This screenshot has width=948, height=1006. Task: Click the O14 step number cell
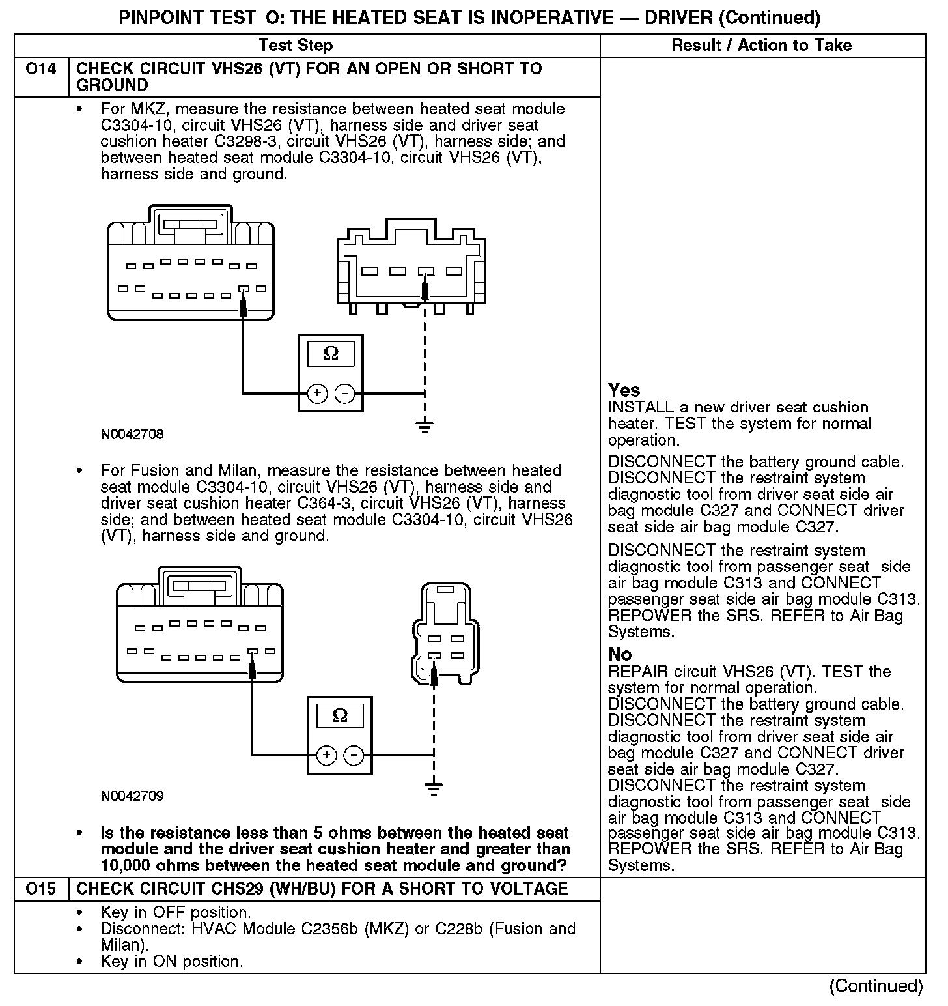[x=40, y=69]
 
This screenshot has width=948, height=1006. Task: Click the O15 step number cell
[x=40, y=889]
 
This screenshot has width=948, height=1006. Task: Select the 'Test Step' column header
[x=296, y=45]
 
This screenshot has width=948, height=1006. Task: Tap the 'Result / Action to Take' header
[x=761, y=45]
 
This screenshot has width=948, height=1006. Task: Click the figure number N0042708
[x=132, y=434]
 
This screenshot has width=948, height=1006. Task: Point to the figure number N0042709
[x=132, y=796]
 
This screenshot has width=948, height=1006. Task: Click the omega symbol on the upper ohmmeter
[x=331, y=354]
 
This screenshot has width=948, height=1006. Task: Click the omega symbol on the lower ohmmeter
[x=340, y=716]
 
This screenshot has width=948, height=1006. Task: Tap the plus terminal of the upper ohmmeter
[x=317, y=394]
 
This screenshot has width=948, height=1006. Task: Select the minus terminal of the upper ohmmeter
[x=345, y=394]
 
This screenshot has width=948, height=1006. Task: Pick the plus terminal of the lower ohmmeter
[x=326, y=756]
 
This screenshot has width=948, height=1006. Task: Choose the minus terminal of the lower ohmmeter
[x=354, y=756]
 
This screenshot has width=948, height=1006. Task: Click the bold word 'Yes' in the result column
[x=624, y=390]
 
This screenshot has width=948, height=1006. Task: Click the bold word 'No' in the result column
[x=620, y=654]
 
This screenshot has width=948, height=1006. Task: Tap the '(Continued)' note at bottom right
[x=876, y=986]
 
